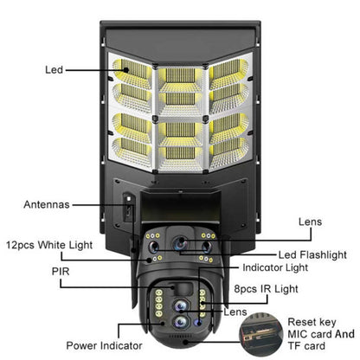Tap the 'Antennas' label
(47, 205)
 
